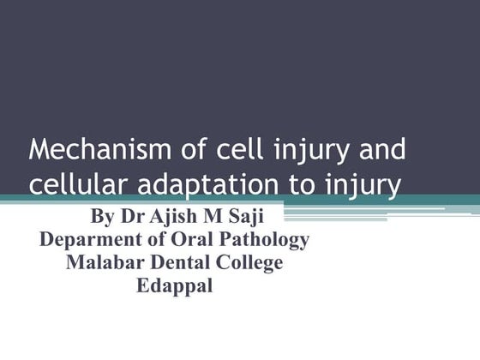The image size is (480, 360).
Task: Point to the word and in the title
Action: (380, 150)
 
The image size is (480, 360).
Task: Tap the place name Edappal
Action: (174, 286)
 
